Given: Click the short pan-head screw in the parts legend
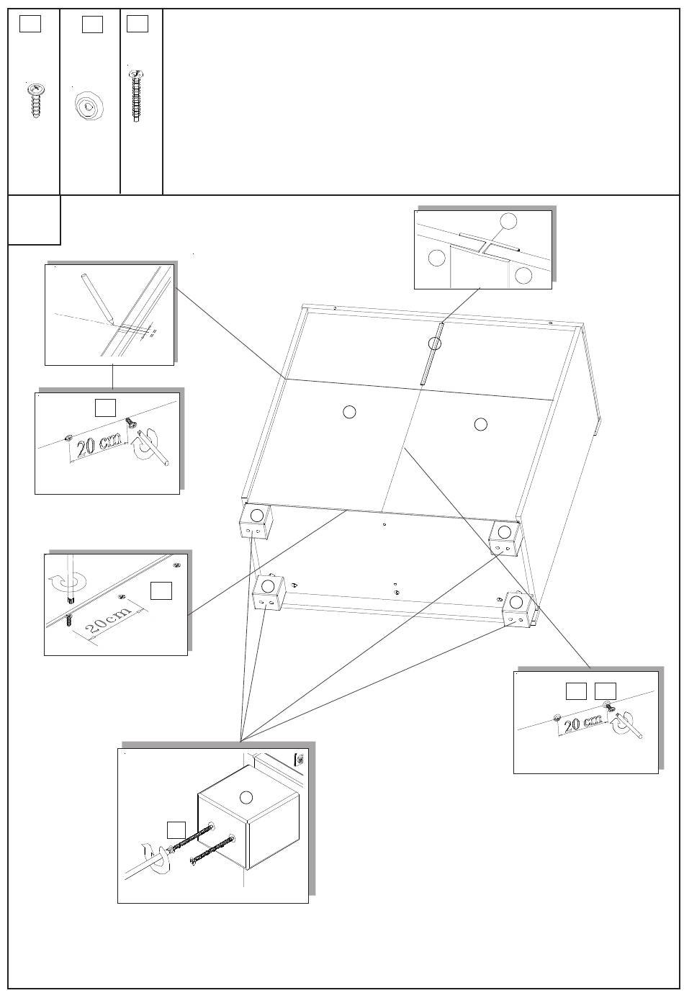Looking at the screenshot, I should [x=35, y=99].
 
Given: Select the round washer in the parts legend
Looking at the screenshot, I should [x=89, y=108].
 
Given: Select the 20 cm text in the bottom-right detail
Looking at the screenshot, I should [x=582, y=722].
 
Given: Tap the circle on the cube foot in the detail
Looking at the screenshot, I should [x=246, y=797].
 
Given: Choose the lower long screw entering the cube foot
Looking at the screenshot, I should [x=212, y=849].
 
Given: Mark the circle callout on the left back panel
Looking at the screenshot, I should [x=348, y=411].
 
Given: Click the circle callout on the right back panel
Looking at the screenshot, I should [x=481, y=424].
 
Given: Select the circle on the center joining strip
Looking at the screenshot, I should [x=434, y=343].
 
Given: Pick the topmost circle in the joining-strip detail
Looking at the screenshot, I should [x=508, y=221].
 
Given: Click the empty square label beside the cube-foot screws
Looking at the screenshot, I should [x=176, y=829].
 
